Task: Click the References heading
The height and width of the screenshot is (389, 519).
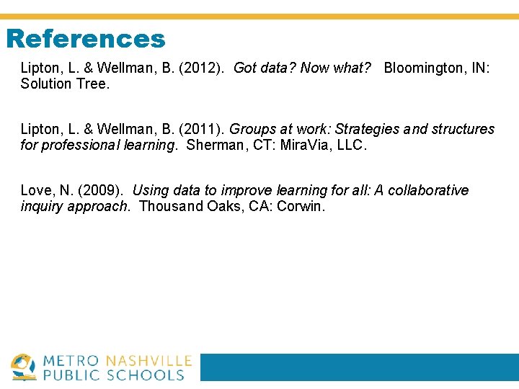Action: [86, 39]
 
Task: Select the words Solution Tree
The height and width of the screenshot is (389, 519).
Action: [65, 84]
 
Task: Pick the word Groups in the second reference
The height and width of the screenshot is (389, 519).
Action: [252, 130]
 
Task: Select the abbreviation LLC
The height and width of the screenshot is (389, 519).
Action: [350, 145]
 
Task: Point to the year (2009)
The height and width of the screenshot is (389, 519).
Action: [102, 191]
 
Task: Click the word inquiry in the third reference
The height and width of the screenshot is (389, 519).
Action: [42, 206]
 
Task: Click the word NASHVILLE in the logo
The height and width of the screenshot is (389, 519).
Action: [148, 361]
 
